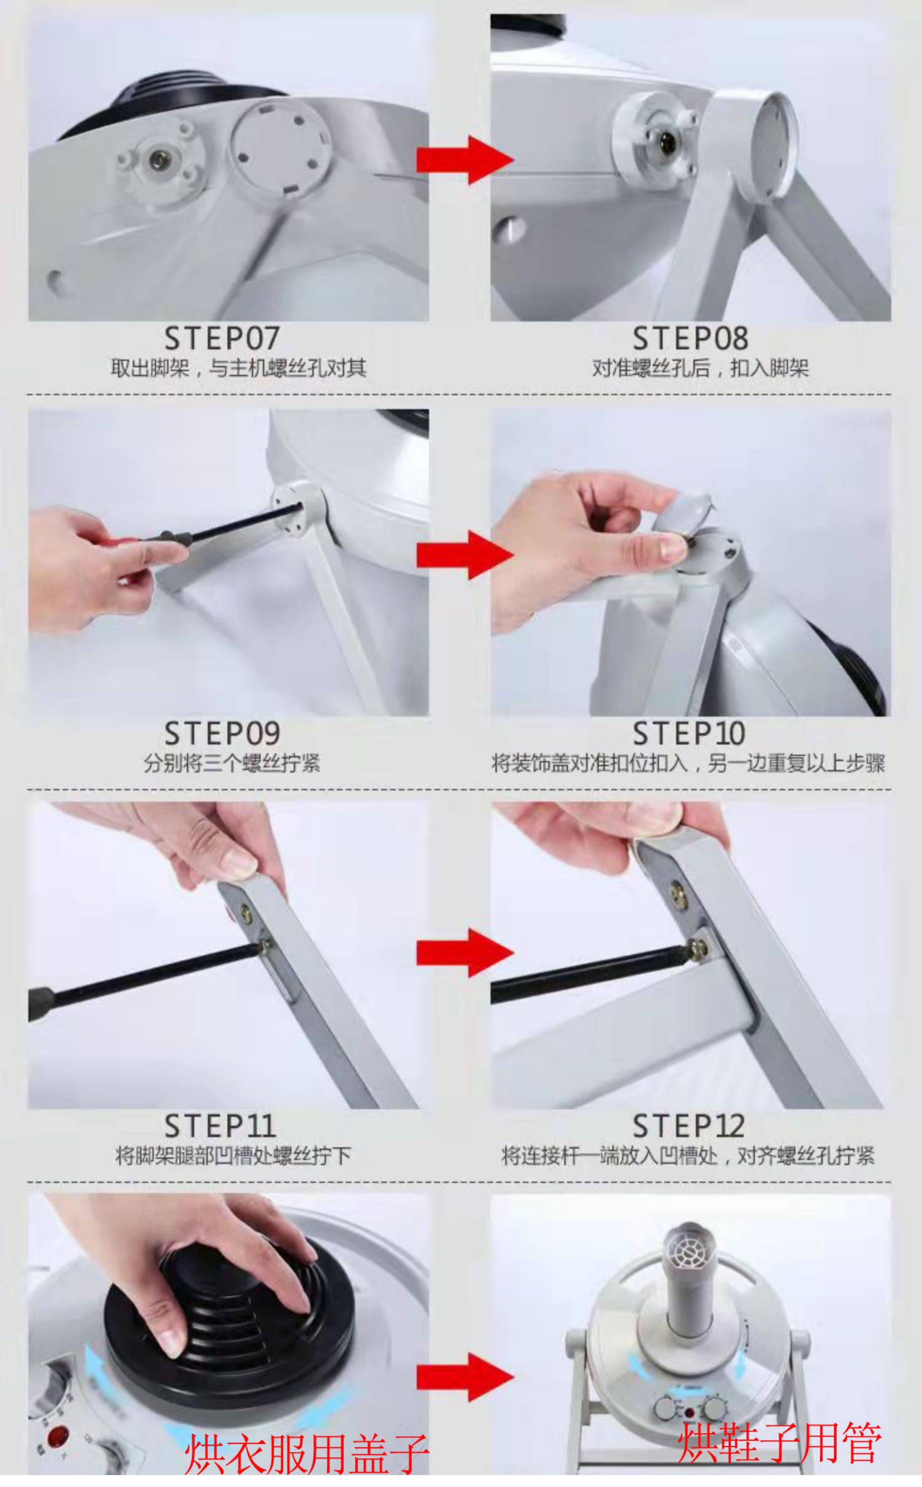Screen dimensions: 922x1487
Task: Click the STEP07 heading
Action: tap(222, 337)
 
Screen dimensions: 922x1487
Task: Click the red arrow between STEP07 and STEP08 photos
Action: tap(465, 160)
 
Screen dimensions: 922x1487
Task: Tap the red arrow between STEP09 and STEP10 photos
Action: tap(465, 555)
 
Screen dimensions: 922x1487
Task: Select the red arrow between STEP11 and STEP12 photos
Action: tap(465, 953)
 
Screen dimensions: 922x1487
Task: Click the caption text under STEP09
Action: tap(232, 763)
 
